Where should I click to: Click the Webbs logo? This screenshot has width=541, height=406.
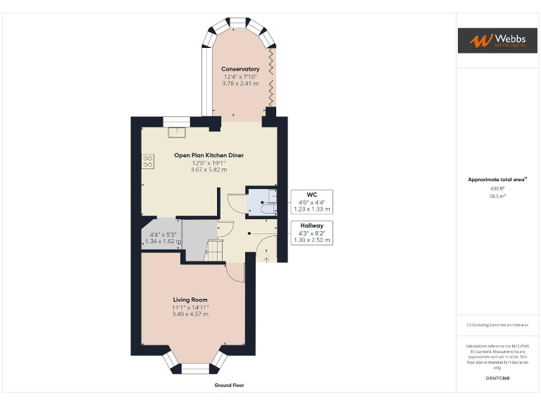click(x=497, y=40)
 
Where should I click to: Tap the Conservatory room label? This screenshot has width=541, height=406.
click(x=240, y=69)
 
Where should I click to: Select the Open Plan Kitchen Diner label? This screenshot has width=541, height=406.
click(x=209, y=155)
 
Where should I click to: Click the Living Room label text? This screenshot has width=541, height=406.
click(x=190, y=300)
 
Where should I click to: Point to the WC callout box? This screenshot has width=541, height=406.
click(x=311, y=202)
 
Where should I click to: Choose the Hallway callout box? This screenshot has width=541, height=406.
click(x=311, y=233)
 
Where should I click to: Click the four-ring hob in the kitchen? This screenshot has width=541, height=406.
click(x=148, y=161)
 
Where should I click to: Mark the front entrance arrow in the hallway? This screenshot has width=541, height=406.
click(x=266, y=258)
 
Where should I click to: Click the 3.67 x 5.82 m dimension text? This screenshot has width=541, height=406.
click(x=209, y=170)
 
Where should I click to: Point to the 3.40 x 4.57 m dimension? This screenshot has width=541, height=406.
click(x=190, y=314)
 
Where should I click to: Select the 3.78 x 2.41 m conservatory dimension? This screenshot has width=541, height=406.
click(x=240, y=84)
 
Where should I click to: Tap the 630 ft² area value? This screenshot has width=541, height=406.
click(x=497, y=188)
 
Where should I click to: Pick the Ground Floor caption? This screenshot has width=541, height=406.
click(x=229, y=386)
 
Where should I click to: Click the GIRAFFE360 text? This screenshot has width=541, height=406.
click(x=497, y=379)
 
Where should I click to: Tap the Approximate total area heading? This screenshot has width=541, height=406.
click(x=497, y=180)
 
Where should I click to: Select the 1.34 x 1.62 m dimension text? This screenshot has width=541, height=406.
click(x=163, y=241)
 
